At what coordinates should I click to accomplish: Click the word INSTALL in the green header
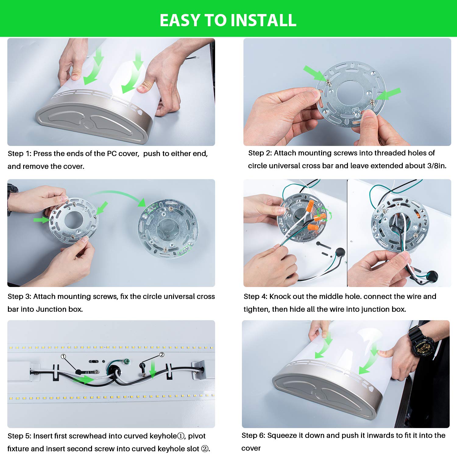263,20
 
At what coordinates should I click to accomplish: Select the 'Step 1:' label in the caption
19,154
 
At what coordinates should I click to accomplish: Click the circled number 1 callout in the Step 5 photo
63,356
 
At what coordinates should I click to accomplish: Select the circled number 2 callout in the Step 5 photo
162,355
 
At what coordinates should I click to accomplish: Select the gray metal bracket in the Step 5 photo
197,370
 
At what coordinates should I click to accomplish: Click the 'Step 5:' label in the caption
19,436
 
